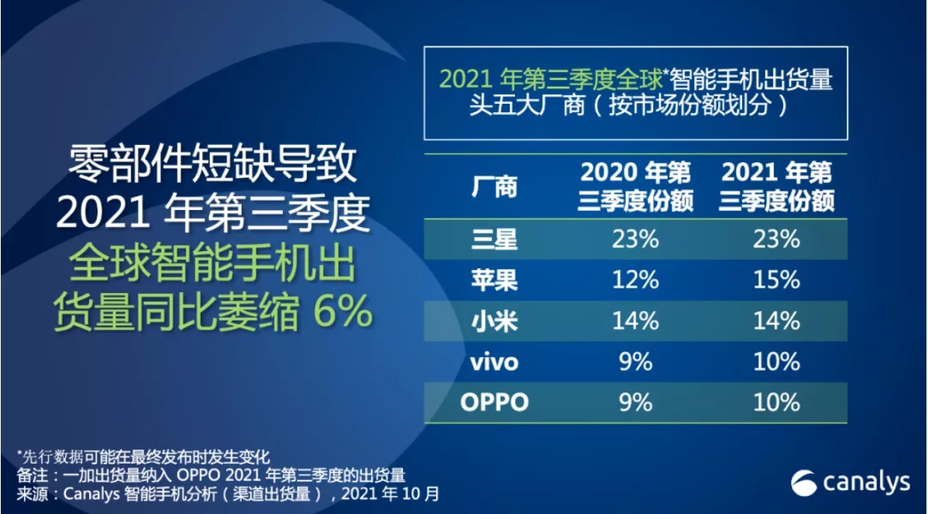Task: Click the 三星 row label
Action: [494, 239]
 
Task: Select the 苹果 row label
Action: [494, 280]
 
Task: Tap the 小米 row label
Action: [494, 321]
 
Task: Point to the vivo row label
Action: [493, 362]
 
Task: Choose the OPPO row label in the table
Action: [494, 402]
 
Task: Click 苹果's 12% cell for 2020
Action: [636, 280]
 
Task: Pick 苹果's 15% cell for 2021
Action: [777, 280]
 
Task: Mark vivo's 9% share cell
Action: [636, 362]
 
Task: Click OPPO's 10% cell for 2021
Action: [777, 402]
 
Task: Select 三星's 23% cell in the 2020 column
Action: [636, 240]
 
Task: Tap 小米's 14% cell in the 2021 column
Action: [777, 321]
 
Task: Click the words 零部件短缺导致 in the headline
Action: [212, 165]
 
